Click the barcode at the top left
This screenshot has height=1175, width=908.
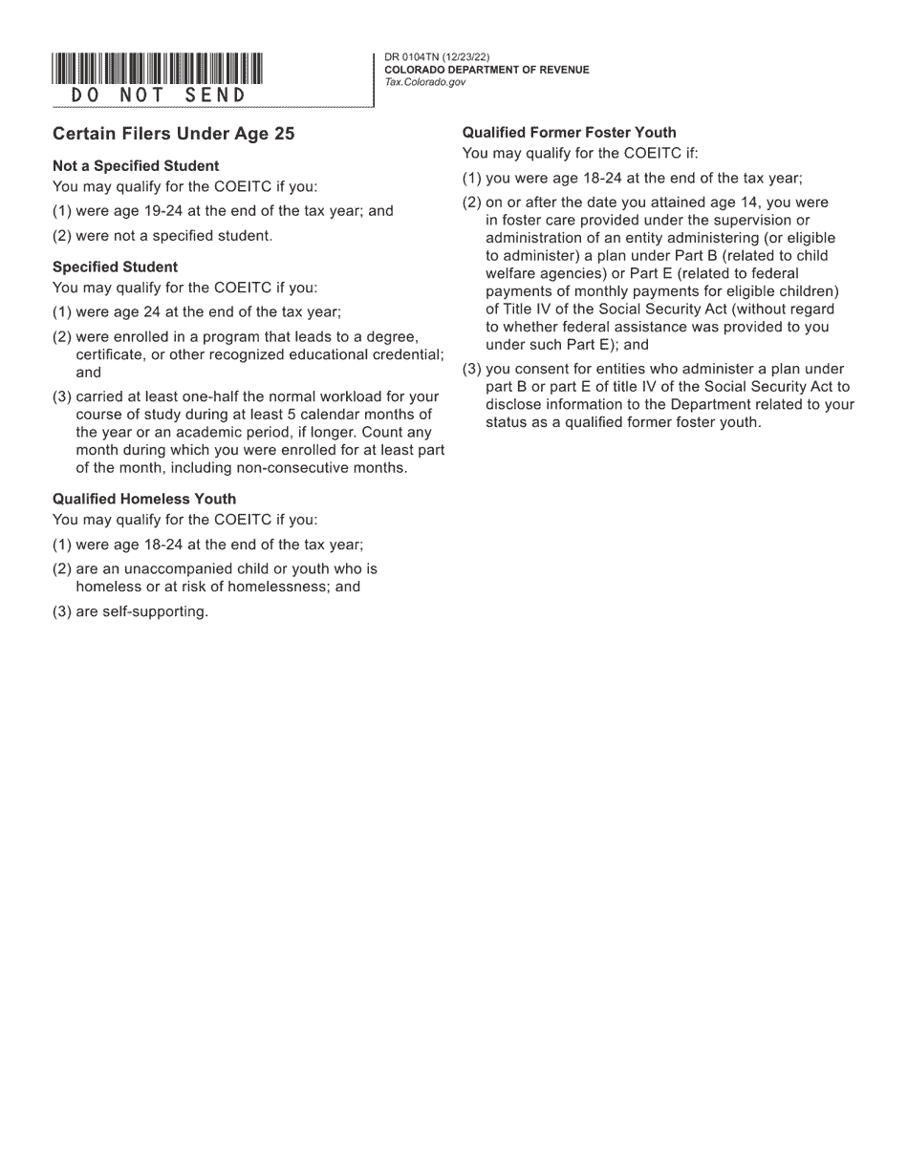point(158,69)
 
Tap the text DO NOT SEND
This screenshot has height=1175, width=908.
point(158,96)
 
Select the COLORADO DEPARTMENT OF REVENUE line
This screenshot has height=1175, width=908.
point(486,70)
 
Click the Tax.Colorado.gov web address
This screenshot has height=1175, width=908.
point(425,82)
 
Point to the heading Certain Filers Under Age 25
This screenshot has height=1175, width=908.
point(173,134)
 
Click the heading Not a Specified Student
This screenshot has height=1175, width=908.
point(136,165)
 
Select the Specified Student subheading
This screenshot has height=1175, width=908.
point(115,267)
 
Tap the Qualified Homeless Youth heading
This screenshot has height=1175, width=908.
point(144,499)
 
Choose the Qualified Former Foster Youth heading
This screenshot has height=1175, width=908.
point(569,133)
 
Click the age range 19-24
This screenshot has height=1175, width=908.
point(162,211)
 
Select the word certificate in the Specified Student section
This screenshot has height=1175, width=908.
point(110,354)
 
